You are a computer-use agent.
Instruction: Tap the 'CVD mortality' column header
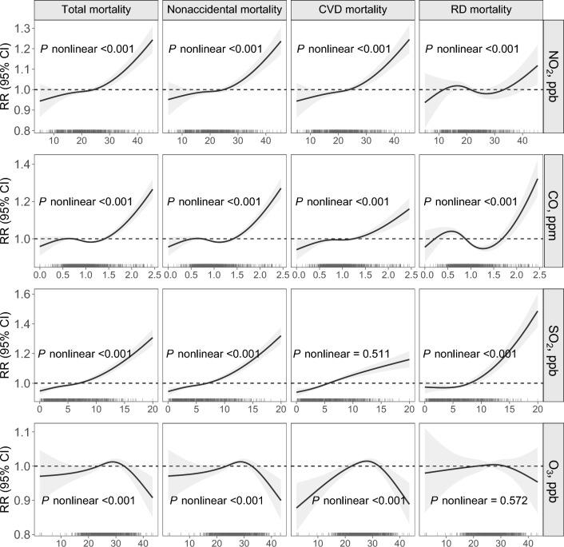(x=352, y=10)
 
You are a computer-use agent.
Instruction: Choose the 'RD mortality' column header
(x=479, y=10)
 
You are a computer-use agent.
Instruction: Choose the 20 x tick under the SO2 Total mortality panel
(x=153, y=409)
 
